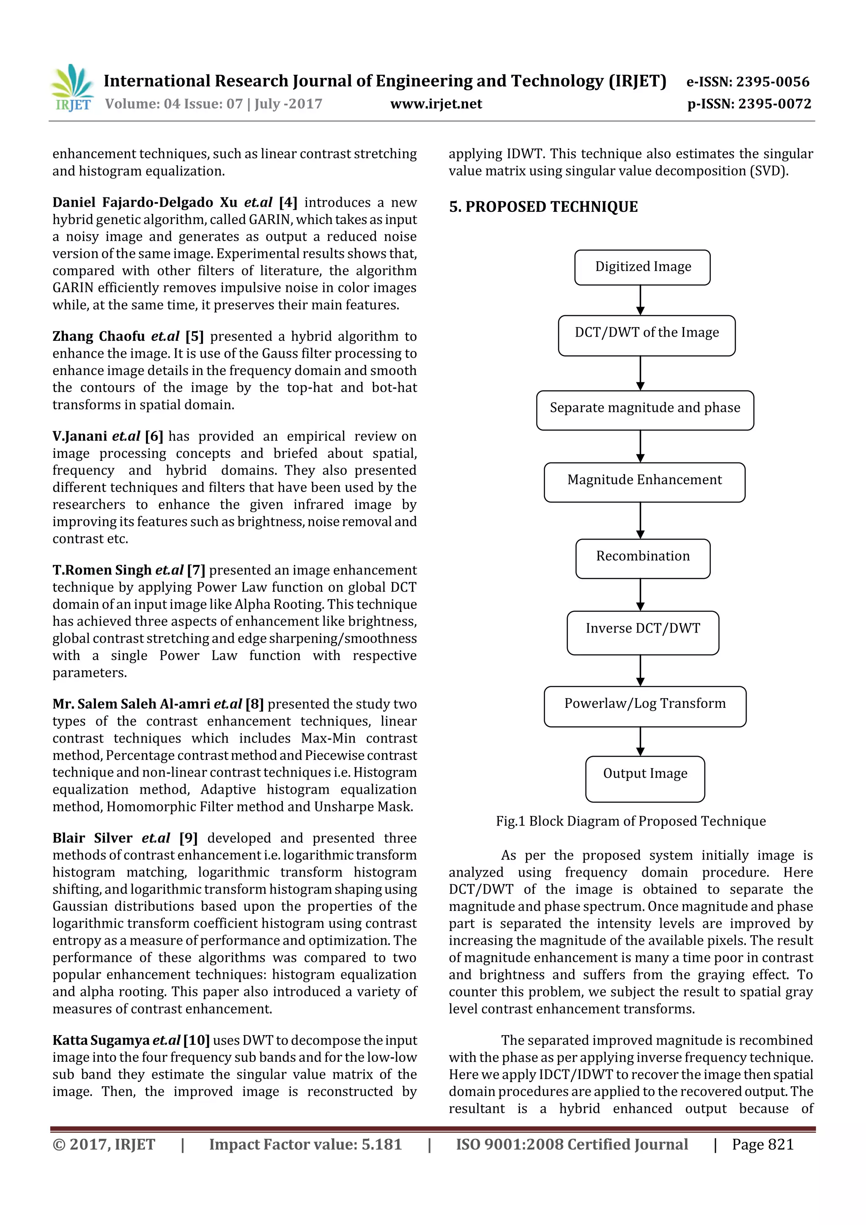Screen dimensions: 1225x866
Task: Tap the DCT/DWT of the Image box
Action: [x=647, y=335]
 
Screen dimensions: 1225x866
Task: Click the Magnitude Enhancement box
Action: [x=644, y=482]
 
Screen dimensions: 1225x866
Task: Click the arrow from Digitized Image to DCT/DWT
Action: [x=640, y=300]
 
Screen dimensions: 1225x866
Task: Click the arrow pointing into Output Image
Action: [x=640, y=741]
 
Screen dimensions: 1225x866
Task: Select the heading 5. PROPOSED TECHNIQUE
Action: [x=543, y=207]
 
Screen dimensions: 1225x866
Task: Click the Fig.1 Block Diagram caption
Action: [x=631, y=821]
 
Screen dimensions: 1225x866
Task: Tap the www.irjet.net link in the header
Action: [x=436, y=104]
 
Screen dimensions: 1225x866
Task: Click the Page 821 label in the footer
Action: [x=762, y=1144]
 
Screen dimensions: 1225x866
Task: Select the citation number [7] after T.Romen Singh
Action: [x=196, y=570]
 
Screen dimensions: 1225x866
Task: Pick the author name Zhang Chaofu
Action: [x=99, y=337]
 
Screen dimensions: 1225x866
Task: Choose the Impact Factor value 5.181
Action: [x=381, y=1144]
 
